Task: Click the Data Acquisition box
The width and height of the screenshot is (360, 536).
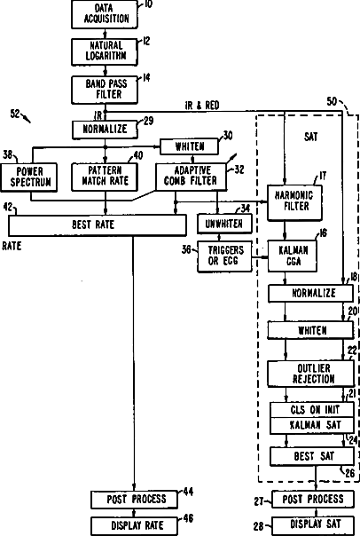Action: tap(105, 14)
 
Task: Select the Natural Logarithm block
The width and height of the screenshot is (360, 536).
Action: tap(105, 51)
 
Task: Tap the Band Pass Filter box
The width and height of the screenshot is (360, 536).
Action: tap(105, 90)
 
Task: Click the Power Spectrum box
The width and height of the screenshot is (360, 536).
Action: tap(28, 177)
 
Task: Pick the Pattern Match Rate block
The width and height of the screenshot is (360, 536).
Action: tap(105, 177)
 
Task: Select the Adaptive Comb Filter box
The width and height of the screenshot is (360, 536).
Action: tap(191, 177)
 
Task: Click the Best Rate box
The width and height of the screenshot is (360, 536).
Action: tap(98, 225)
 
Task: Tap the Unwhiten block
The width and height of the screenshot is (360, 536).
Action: tap(224, 224)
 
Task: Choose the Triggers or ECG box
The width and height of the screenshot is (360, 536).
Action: tap(224, 256)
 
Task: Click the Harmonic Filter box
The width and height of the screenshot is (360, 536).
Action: tap(294, 202)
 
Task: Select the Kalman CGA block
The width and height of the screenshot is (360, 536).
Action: tap(293, 256)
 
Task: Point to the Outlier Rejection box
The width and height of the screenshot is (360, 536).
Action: tap(311, 374)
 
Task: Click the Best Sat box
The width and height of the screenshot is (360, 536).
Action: tap(312, 456)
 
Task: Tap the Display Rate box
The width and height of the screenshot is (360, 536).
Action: tap(134, 525)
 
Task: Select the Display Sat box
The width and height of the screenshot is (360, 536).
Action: tap(313, 524)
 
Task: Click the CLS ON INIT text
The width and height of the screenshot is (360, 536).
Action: tap(315, 409)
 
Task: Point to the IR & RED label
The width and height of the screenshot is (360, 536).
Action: tap(202, 106)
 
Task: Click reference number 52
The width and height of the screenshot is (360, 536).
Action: tap(15, 114)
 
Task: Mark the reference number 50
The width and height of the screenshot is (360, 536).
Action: tap(332, 101)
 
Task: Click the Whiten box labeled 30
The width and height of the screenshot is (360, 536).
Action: tap(189, 146)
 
